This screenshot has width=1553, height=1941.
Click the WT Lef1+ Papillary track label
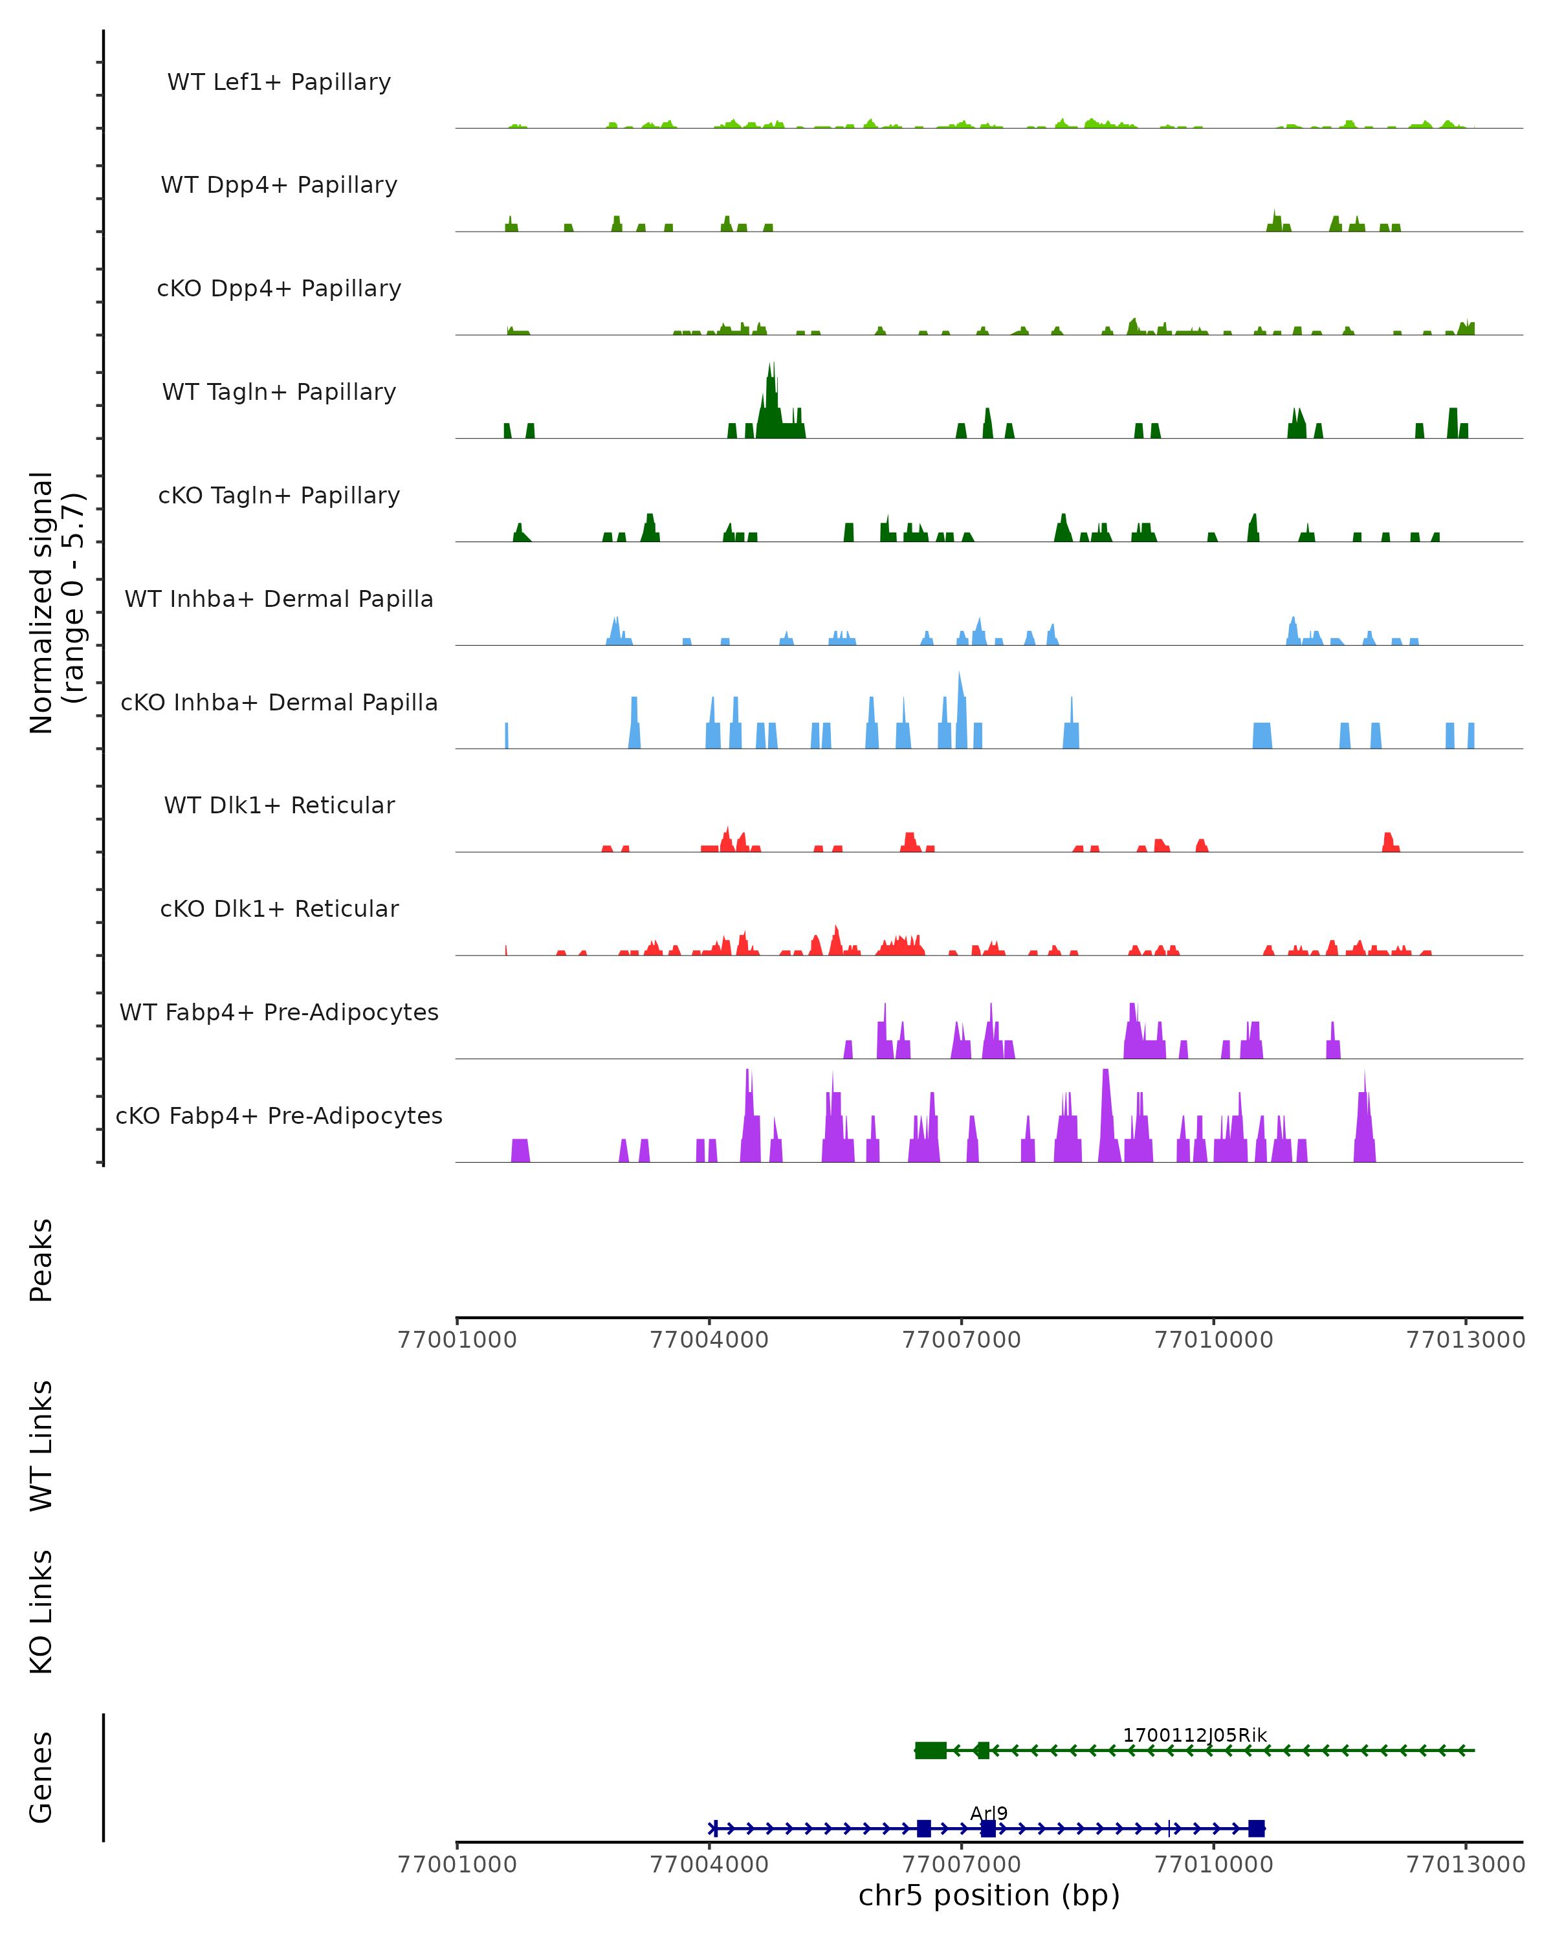pos(279,82)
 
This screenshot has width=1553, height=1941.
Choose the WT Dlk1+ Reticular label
pos(279,805)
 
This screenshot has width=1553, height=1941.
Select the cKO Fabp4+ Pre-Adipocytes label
pos(279,1115)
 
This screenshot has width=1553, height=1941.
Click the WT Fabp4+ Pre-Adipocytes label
pos(279,1012)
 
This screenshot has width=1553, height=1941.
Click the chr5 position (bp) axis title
pos(989,1895)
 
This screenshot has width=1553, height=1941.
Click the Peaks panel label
pos(41,1260)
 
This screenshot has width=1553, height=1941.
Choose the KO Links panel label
pos(41,1612)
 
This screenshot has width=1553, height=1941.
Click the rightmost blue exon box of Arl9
pos(1256,1828)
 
